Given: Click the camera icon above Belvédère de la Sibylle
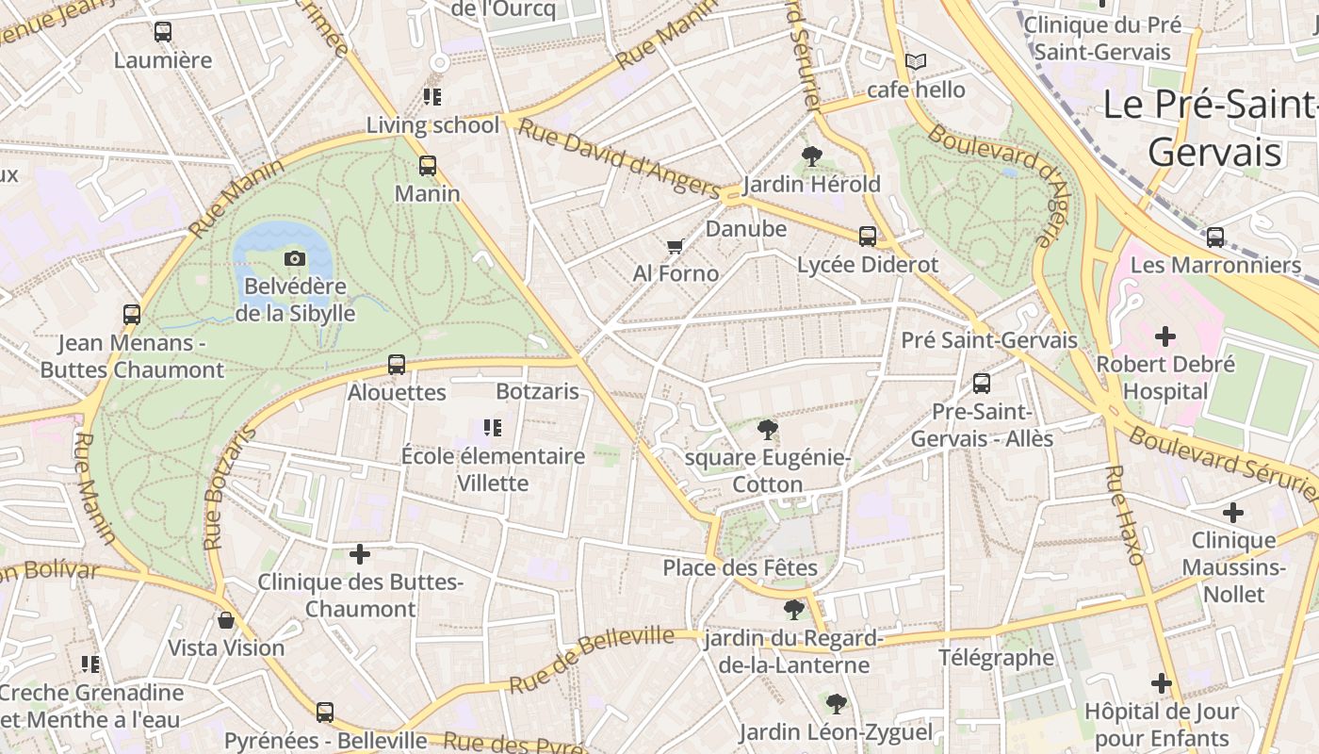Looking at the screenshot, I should click(295, 258).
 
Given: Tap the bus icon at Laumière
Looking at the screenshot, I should click(163, 32).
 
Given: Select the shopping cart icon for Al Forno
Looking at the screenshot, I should click(675, 247).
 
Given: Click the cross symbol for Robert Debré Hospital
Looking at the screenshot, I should click(1165, 336).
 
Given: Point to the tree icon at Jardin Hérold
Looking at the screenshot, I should click(811, 156).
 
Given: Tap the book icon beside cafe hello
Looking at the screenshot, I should click(915, 62).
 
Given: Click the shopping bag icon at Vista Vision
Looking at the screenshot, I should click(226, 620).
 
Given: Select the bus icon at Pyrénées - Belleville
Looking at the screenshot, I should click(325, 712).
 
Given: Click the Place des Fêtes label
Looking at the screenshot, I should click(740, 567).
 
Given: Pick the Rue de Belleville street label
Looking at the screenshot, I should click(592, 659).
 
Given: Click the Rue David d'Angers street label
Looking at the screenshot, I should click(619, 157).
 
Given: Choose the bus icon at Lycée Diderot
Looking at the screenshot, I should click(867, 237).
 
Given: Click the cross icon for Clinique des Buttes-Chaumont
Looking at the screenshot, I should click(360, 554).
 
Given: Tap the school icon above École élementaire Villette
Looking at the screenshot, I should click(492, 428).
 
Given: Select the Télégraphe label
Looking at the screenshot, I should click(996, 657).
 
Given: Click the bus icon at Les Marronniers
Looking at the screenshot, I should click(1215, 238).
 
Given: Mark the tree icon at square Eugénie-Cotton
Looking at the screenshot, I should click(768, 431).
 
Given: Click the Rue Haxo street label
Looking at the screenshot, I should click(1122, 515).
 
